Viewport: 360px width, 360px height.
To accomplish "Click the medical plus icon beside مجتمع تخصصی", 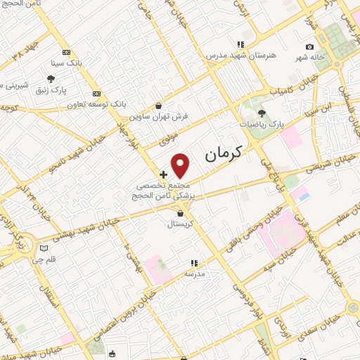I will click(x=163, y=174).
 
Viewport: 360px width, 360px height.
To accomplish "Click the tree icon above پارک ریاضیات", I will click(x=262, y=113).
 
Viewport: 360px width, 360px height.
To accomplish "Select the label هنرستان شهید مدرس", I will click(x=241, y=54).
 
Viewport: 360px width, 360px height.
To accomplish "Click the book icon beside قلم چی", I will click(x=45, y=247).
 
